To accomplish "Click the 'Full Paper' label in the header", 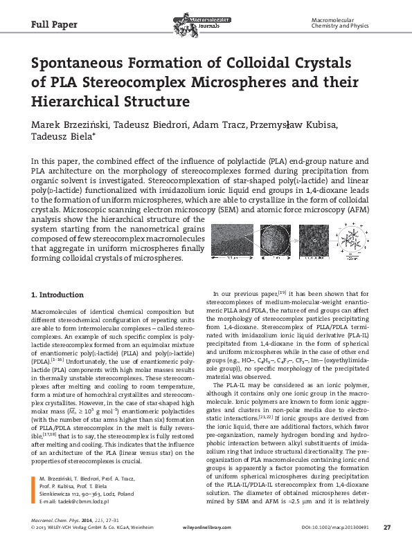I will tap(54, 25).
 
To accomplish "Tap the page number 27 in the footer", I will tap(387, 528).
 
